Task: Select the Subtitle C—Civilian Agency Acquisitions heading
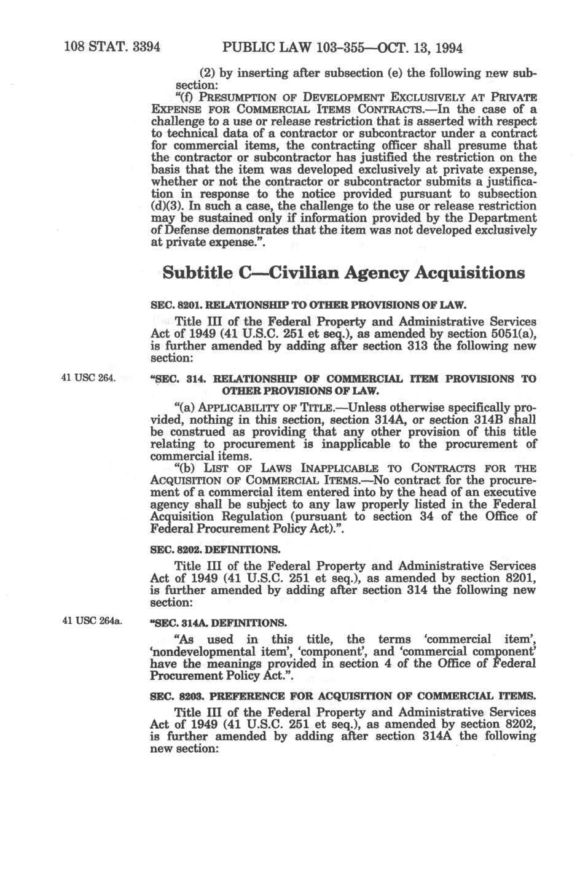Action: pos(343,272)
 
